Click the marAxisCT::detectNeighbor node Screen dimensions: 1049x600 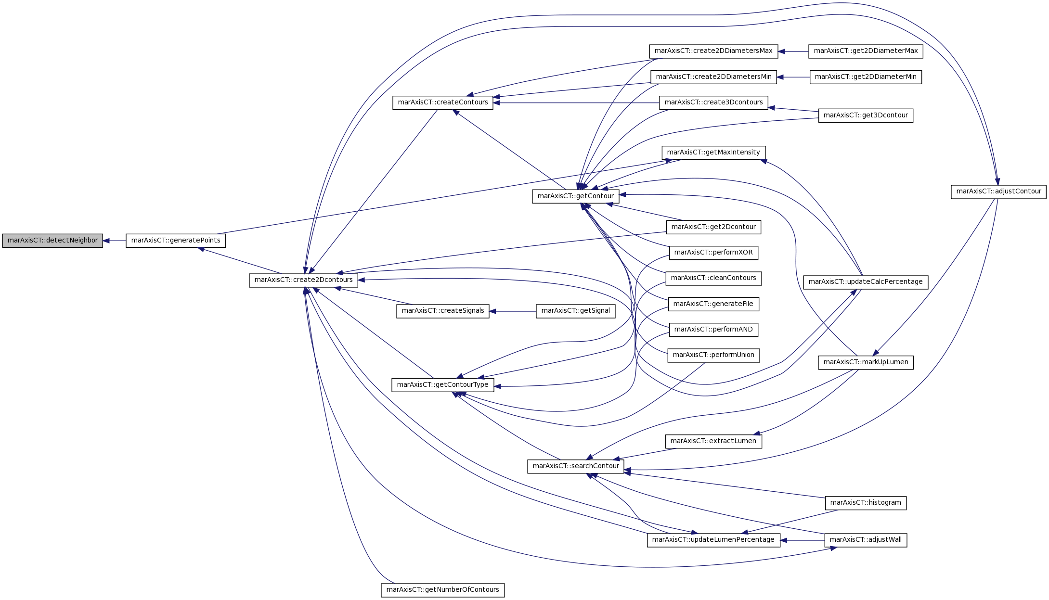pyautogui.click(x=52, y=241)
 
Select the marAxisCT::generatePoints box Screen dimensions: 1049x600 pyautogui.click(x=176, y=241)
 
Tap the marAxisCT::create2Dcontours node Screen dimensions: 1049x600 pyautogui.click(x=303, y=280)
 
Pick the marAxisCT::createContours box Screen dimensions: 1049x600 pyautogui.click(x=443, y=102)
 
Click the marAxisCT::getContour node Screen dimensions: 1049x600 pyautogui.click(x=575, y=196)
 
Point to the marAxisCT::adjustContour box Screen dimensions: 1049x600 pyautogui.click(x=998, y=191)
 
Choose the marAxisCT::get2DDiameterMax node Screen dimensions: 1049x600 pyautogui.click(x=866, y=51)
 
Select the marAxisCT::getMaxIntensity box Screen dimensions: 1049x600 pyautogui.click(x=713, y=153)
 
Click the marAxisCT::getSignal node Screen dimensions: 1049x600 pyautogui.click(x=575, y=311)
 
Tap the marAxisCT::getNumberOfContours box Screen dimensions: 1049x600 pyautogui.click(x=443, y=590)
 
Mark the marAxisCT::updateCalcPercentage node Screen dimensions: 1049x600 pyautogui.click(x=866, y=282)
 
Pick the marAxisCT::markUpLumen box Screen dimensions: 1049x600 pyautogui.click(x=866, y=362)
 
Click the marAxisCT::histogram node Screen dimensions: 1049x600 pyautogui.click(x=866, y=503)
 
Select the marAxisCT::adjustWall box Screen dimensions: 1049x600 pyautogui.click(x=866, y=540)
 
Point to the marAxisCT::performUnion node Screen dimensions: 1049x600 pyautogui.click(x=713, y=355)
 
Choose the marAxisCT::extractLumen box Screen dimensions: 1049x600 pyautogui.click(x=713, y=441)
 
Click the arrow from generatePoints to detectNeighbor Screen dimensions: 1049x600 pyautogui.click(x=115, y=241)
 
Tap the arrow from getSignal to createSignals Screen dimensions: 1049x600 pyautogui.click(x=513, y=311)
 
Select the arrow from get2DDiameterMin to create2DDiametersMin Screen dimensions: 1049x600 pyautogui.click(x=793, y=77)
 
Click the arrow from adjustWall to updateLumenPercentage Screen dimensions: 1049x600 pyautogui.click(x=803, y=540)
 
